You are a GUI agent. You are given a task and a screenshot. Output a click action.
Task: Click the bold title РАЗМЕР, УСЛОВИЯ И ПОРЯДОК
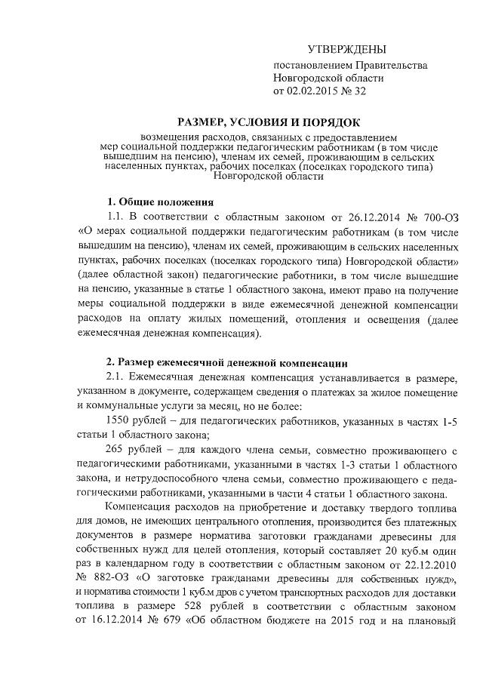269,122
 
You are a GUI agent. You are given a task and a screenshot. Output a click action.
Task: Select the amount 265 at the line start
119,451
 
